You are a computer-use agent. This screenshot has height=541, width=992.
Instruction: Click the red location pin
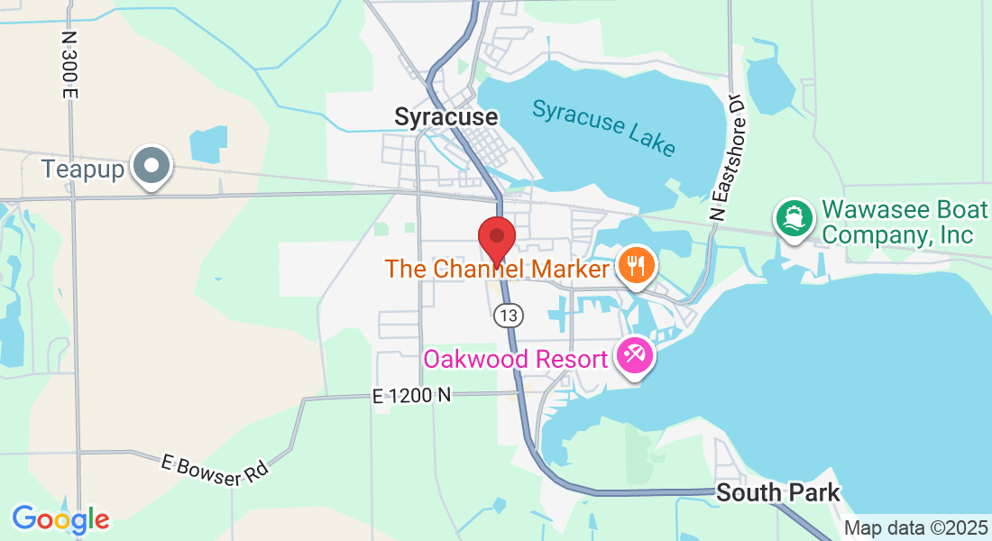pyautogui.click(x=496, y=239)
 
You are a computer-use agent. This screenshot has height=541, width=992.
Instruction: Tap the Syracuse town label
pyautogui.click(x=445, y=117)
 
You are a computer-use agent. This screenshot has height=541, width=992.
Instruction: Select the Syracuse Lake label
pyautogui.click(x=603, y=127)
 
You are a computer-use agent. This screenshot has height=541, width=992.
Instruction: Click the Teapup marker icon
pyautogui.click(x=152, y=168)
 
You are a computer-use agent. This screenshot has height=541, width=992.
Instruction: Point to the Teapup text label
pyautogui.click(x=82, y=169)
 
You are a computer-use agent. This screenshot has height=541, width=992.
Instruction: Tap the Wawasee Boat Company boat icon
pyautogui.click(x=793, y=218)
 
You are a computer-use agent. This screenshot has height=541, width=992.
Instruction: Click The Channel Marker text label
pyautogui.click(x=497, y=269)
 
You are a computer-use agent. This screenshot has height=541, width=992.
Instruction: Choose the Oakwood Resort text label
pyautogui.click(x=516, y=359)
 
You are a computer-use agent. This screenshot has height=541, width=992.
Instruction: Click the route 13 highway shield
pyautogui.click(x=509, y=315)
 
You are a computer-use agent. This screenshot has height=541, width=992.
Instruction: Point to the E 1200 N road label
pyautogui.click(x=411, y=395)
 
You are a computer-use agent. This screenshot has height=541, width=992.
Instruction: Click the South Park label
pyautogui.click(x=777, y=493)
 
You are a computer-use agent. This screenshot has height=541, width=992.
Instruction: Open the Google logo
pyautogui.click(x=60, y=519)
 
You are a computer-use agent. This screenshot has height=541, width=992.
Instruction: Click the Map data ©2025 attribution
pyautogui.click(x=914, y=527)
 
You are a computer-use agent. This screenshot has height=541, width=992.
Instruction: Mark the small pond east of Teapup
pyautogui.click(x=210, y=143)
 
